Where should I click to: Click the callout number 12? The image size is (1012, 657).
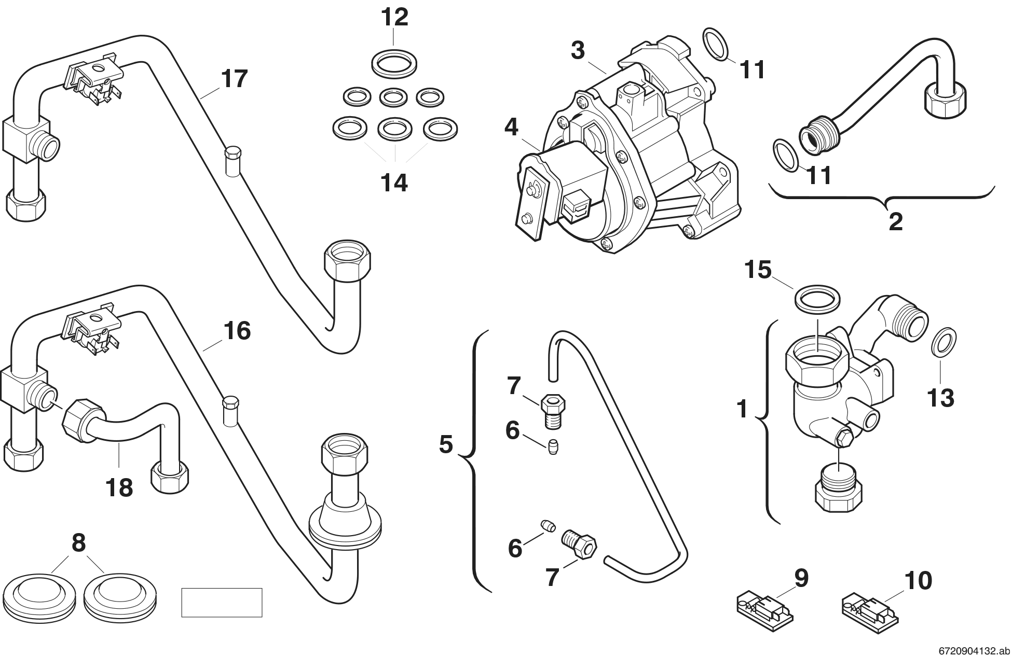tap(394, 18)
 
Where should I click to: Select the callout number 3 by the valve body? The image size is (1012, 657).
tap(578, 51)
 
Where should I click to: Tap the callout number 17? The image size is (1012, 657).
tap(235, 79)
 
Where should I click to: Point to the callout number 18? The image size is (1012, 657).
tap(119, 487)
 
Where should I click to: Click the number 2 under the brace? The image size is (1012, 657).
tap(896, 222)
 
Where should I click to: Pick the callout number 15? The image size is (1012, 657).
tap(758, 270)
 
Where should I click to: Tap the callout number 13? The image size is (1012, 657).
tap(941, 398)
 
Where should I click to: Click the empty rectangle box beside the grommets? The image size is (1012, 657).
tap(222, 602)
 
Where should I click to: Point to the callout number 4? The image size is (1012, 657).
tap(511, 128)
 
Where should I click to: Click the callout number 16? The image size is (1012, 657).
tap(237, 331)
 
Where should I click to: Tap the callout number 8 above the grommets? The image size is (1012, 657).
tap(78, 543)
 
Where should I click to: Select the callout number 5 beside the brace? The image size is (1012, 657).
tap(446, 444)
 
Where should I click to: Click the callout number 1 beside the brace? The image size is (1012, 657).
tap(743, 409)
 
